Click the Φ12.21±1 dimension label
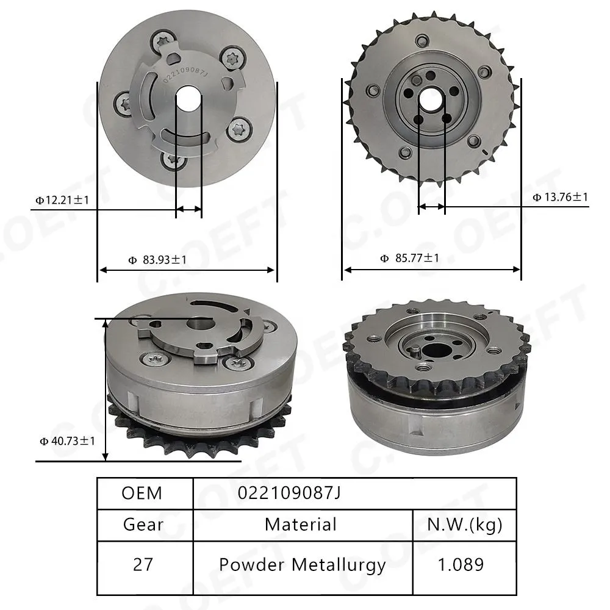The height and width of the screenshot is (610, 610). [62, 200]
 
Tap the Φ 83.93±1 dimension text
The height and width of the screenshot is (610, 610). [157, 259]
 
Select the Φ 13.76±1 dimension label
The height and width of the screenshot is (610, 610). [560, 197]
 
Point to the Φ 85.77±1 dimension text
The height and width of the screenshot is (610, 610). [409, 258]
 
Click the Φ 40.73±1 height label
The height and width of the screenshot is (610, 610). [67, 441]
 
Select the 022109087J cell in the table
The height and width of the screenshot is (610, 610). [289, 493]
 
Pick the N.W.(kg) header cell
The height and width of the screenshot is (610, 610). [464, 525]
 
